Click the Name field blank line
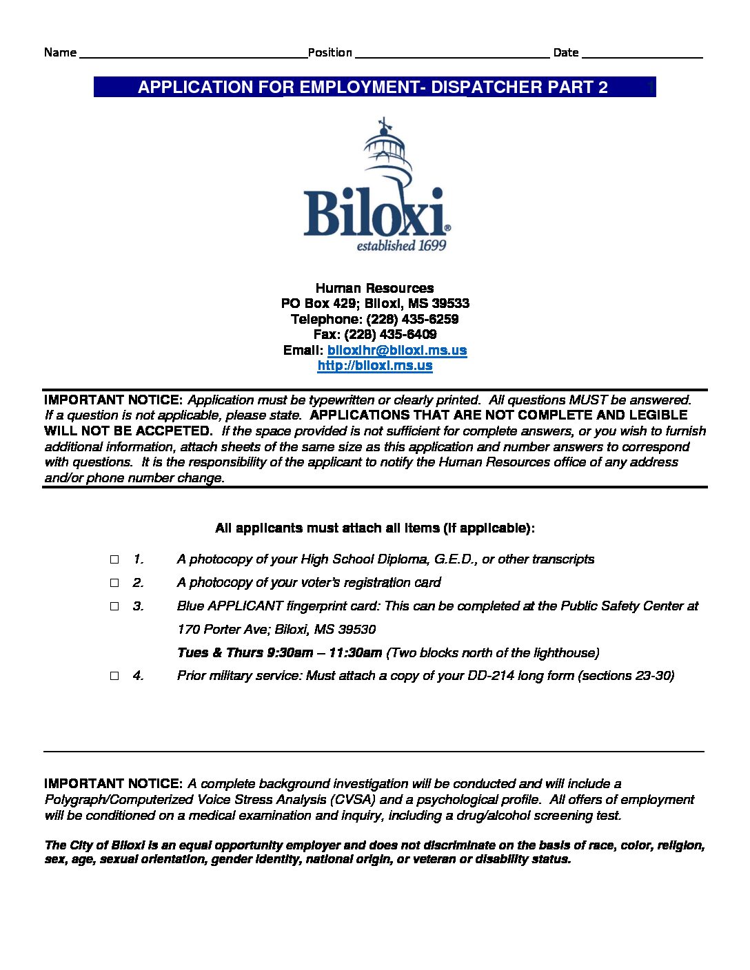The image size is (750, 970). [193, 54]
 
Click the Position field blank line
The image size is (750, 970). [452, 54]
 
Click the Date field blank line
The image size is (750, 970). [642, 54]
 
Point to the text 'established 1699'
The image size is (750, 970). [401, 246]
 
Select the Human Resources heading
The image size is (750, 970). [374, 288]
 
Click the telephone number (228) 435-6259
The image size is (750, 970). [412, 319]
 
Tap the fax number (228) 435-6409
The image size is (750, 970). [390, 335]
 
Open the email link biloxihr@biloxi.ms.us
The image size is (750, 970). [397, 350]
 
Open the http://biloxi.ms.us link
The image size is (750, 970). [375, 366]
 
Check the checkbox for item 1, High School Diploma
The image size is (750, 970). [114, 559]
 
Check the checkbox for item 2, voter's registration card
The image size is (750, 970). [114, 583]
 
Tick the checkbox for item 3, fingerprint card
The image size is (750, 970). [114, 606]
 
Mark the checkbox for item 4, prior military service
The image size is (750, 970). [114, 676]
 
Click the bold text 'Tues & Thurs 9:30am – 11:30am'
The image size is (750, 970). [279, 652]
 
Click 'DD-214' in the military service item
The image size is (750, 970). [491, 676]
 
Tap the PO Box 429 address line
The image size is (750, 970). [375, 304]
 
